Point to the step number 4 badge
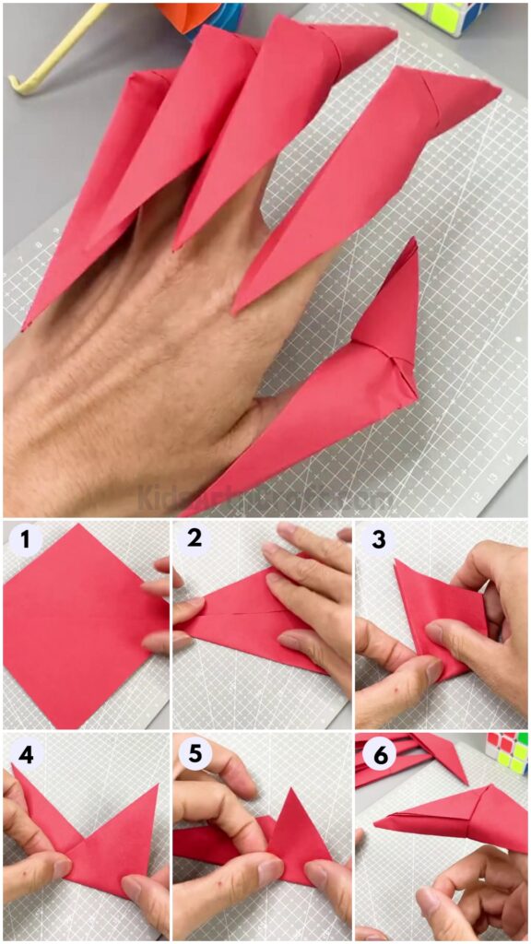[24, 752]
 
